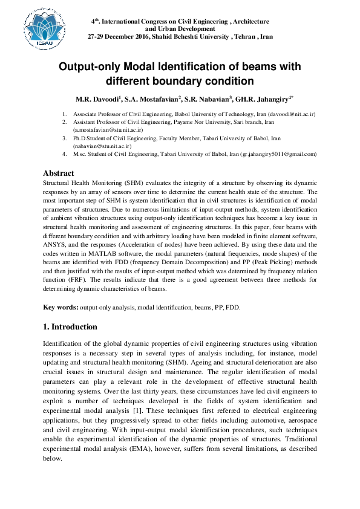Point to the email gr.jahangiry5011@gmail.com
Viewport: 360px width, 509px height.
[x=279, y=154]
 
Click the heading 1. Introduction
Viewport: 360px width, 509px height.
[x=70, y=327]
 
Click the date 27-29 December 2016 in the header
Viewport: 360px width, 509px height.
[x=125, y=37]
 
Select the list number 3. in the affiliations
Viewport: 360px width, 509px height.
[x=65, y=138]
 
